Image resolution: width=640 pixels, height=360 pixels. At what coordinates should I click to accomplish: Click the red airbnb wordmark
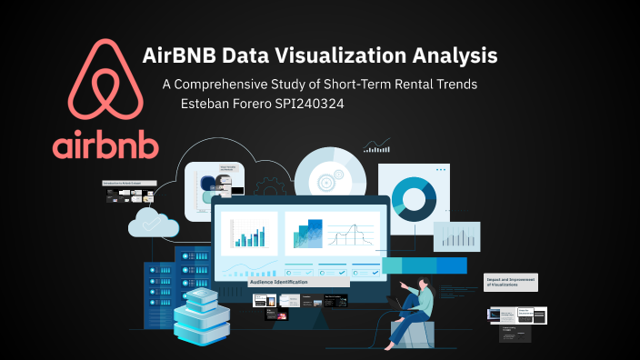pos(105,145)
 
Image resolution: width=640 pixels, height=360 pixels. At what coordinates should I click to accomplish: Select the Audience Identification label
pos(279,283)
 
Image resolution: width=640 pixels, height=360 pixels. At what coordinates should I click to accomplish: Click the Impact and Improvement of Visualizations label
pos(511,282)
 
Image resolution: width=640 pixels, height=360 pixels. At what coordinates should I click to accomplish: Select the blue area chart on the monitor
pos(307,234)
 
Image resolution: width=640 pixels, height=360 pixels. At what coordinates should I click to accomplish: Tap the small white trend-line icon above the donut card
pos(376,145)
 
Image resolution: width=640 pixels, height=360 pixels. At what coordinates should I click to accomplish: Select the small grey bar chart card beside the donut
pos(456,235)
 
